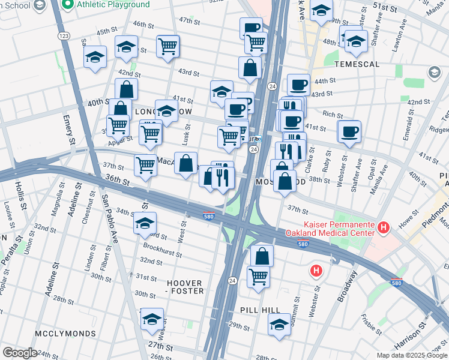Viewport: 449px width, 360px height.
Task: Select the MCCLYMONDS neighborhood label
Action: click(x=65, y=333)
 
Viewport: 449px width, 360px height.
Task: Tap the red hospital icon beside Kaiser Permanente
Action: click(x=384, y=227)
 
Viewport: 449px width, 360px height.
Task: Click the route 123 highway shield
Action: click(x=63, y=37)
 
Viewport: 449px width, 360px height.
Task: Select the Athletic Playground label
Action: click(x=113, y=5)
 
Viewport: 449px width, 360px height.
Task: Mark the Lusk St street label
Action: click(x=187, y=134)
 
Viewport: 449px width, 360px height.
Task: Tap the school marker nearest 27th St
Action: click(x=152, y=319)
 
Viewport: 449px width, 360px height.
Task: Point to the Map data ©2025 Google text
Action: click(x=411, y=355)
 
